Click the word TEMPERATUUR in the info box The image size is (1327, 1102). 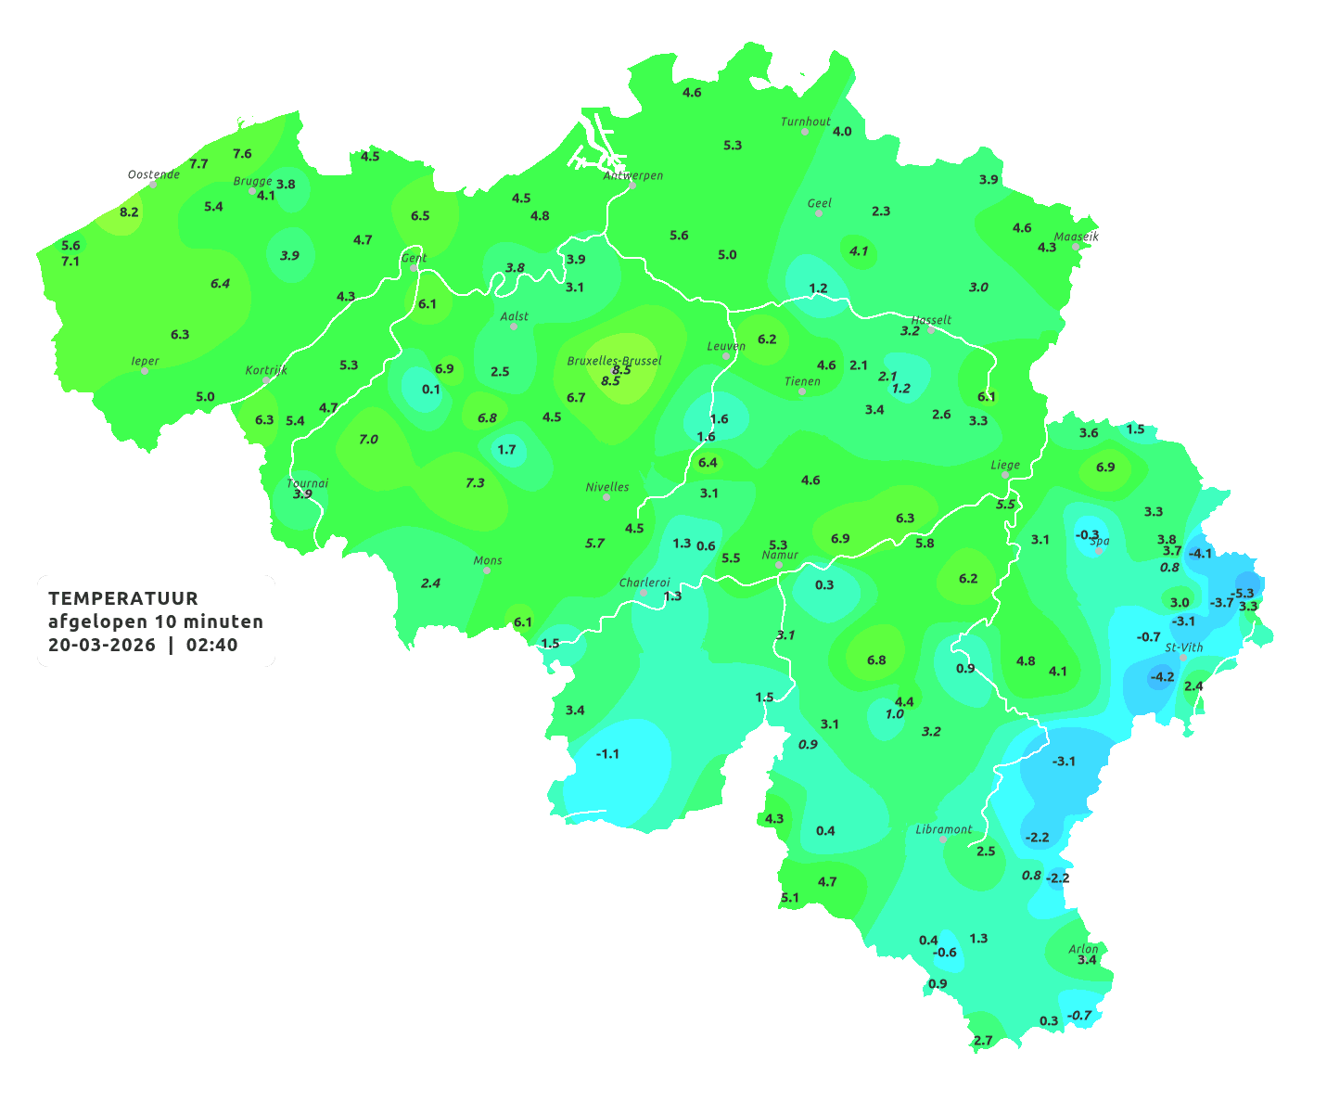click(123, 598)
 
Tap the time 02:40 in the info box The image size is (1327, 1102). click(211, 645)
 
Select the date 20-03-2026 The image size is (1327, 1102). click(102, 645)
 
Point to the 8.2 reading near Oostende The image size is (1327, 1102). click(129, 211)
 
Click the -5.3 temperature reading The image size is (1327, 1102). click(1242, 593)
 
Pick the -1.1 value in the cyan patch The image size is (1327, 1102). click(607, 753)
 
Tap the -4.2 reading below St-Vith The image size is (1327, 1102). click(1162, 676)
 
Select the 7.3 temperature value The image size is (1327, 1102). click(475, 482)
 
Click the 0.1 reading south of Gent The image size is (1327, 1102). click(431, 389)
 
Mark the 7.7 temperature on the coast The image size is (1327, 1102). click(198, 163)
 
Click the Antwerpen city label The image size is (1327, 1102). click(633, 175)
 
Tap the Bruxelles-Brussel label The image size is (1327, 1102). click(614, 360)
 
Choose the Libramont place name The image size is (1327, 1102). click(944, 829)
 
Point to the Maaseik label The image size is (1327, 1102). click(1076, 237)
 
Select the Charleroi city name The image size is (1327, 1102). click(644, 583)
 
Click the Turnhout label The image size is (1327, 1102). click(806, 122)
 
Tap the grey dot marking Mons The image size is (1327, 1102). click(487, 570)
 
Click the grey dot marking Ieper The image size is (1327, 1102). click(145, 371)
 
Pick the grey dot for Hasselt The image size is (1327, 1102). click(931, 329)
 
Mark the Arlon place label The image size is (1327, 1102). click(1083, 948)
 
